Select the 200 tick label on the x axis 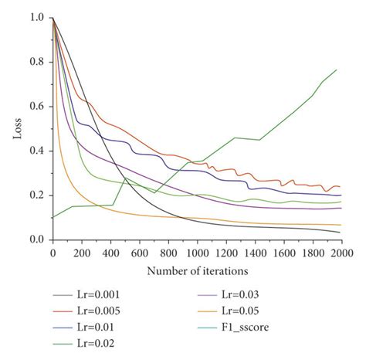coord(81,252)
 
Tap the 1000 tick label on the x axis coord(197,252)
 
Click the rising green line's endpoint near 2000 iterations coord(337,70)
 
